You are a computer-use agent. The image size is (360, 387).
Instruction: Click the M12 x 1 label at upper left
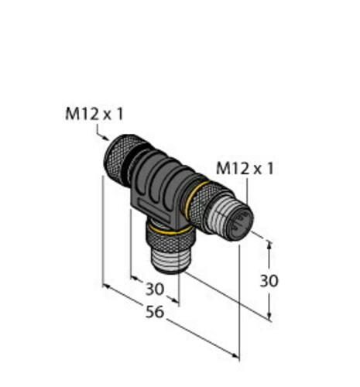click(x=94, y=114)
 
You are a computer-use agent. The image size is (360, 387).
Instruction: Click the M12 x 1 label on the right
click(x=245, y=169)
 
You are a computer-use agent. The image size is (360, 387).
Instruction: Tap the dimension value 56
click(x=155, y=312)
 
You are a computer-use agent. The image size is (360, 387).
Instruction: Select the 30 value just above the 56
click(x=155, y=289)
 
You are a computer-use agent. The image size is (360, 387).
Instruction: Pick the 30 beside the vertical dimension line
click(x=269, y=281)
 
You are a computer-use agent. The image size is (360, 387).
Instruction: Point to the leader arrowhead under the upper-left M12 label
click(x=106, y=139)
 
